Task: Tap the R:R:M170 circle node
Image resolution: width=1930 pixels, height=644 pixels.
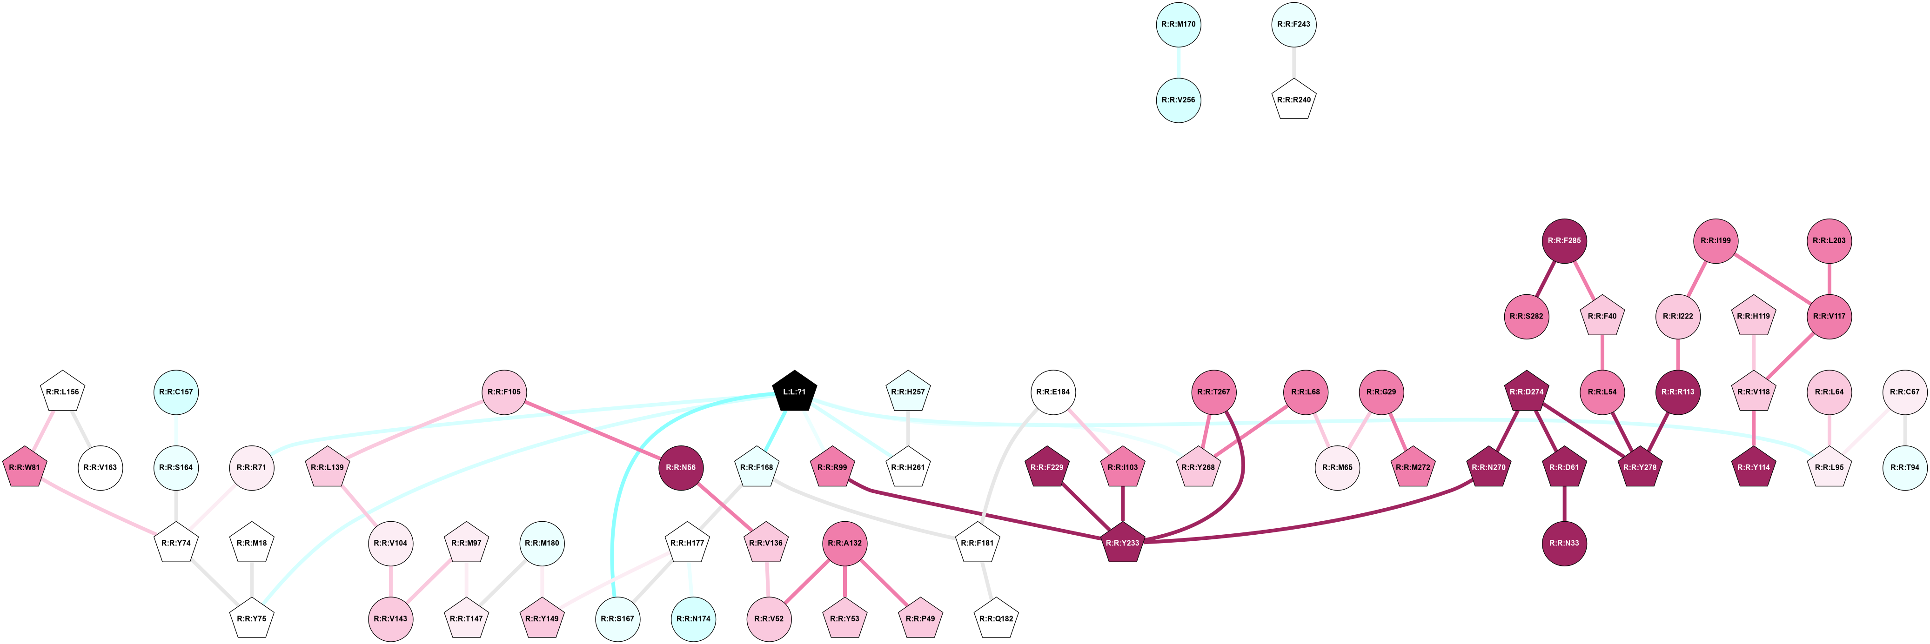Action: tap(1179, 24)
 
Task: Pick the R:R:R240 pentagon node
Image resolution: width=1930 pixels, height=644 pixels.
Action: tap(1294, 100)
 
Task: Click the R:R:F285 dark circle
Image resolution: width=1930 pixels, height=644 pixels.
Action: tap(1564, 240)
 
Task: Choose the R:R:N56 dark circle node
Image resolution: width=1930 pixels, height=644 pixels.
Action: tap(680, 467)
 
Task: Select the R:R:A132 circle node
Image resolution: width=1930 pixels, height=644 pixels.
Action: tap(844, 543)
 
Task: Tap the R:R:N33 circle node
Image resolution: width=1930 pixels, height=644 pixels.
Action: tap(1564, 543)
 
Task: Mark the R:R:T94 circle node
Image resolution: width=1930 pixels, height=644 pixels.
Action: tap(1904, 467)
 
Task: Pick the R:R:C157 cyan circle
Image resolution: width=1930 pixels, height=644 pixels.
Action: tap(176, 392)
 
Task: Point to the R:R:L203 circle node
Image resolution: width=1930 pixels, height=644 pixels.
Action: tap(1829, 240)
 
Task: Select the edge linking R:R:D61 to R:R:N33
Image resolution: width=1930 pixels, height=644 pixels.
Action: tap(1564, 505)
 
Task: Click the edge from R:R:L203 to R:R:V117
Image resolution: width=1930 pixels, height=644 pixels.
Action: tap(1829, 279)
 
